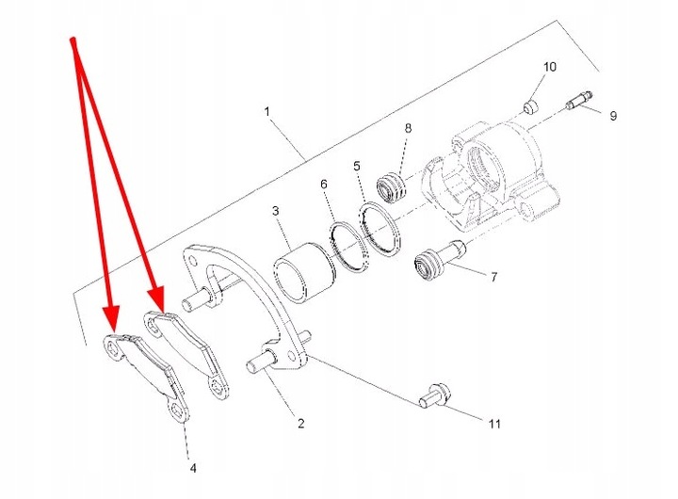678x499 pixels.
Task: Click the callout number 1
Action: (267, 111)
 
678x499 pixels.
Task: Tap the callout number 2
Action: (301, 425)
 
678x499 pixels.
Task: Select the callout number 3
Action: (275, 210)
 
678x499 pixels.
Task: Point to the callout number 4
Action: (192, 467)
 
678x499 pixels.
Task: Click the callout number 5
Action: (357, 167)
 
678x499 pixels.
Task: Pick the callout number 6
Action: (323, 185)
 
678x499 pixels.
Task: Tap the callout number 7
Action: (492, 278)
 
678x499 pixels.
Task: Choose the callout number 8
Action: (408, 128)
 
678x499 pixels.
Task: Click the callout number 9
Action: (612, 116)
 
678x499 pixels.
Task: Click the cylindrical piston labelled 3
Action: (304, 273)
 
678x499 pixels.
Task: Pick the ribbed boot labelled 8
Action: (391, 186)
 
